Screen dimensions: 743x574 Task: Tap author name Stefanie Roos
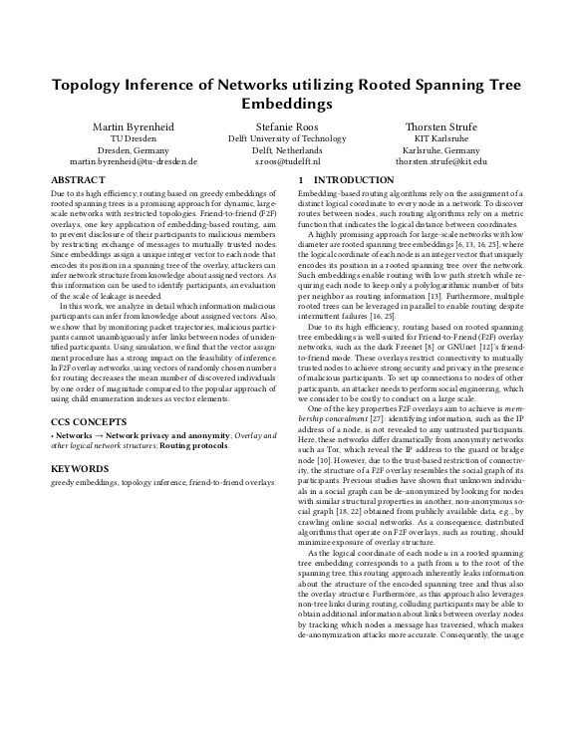tap(287, 127)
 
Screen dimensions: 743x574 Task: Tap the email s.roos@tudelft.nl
tap(287, 160)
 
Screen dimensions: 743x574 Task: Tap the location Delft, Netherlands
tap(287, 149)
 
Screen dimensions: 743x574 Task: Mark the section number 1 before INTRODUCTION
tap(302, 179)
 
